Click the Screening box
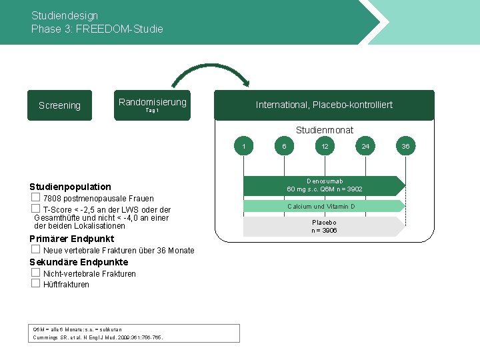[59, 105]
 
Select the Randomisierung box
[152, 105]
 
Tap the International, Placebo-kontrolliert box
[324, 105]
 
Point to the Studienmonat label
[324, 130]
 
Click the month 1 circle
[244, 146]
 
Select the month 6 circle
[284, 146]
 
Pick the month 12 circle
[325, 146]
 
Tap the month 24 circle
[365, 146]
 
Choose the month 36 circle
[406, 146]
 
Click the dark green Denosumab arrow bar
[324, 185]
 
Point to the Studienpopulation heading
[71, 187]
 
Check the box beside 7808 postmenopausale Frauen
[36, 198]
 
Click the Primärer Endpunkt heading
[72, 239]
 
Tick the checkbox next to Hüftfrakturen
[36, 283]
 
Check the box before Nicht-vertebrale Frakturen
[36, 273]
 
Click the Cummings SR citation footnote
[98, 337]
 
